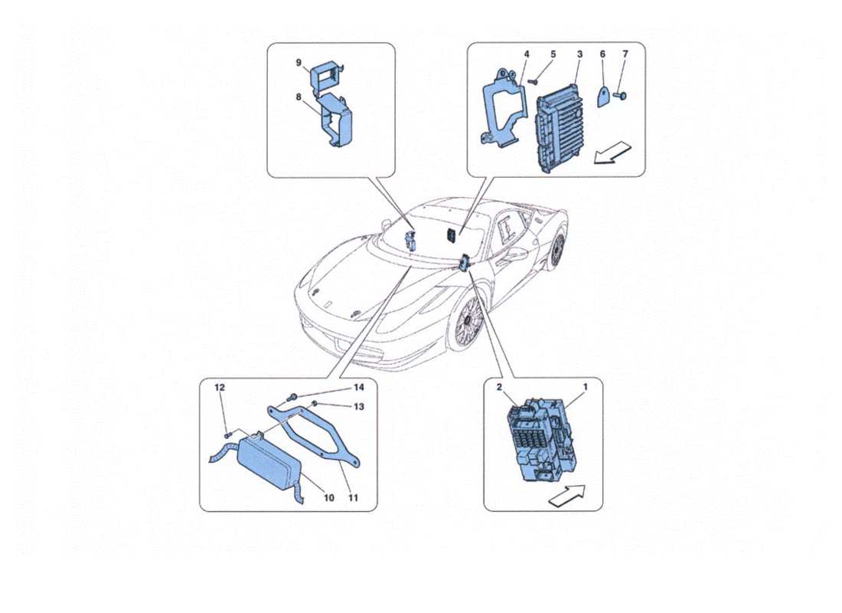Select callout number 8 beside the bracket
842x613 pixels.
[x=299, y=97]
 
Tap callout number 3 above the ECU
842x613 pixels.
[x=579, y=54]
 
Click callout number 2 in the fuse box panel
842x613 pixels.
[x=499, y=388]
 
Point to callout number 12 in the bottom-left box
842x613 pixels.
[x=218, y=388]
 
